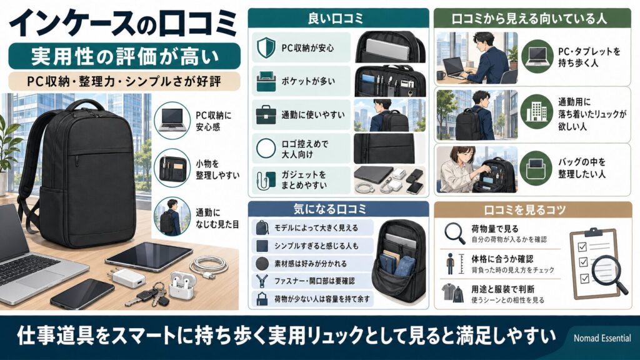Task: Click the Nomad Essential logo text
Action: coord(602,338)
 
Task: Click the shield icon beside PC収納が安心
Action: coord(266,47)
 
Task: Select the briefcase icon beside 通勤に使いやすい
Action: coord(266,114)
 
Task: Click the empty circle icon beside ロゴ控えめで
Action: coord(266,147)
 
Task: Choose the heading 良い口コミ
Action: coord(338,18)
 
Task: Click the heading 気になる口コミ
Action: coord(338,208)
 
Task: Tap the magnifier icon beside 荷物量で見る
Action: coord(454,232)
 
